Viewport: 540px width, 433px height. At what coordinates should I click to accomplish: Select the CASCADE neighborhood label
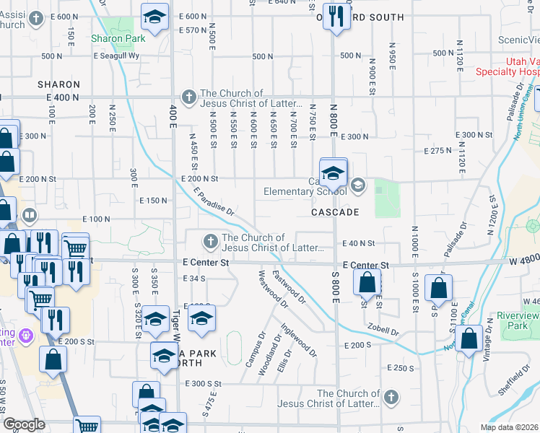click(336, 213)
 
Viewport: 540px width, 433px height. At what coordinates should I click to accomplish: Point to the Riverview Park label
click(518, 321)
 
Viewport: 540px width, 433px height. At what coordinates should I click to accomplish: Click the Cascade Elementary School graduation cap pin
click(333, 173)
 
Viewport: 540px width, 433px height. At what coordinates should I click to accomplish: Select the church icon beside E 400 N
click(188, 96)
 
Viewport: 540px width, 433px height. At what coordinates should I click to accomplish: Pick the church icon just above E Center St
click(210, 240)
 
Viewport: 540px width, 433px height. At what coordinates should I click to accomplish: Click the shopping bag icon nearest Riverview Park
click(469, 338)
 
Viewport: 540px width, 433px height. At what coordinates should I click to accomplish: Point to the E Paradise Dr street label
click(214, 201)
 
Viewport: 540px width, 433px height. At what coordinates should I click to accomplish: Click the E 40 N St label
click(360, 243)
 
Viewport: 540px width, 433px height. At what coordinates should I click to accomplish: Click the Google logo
click(24, 424)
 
